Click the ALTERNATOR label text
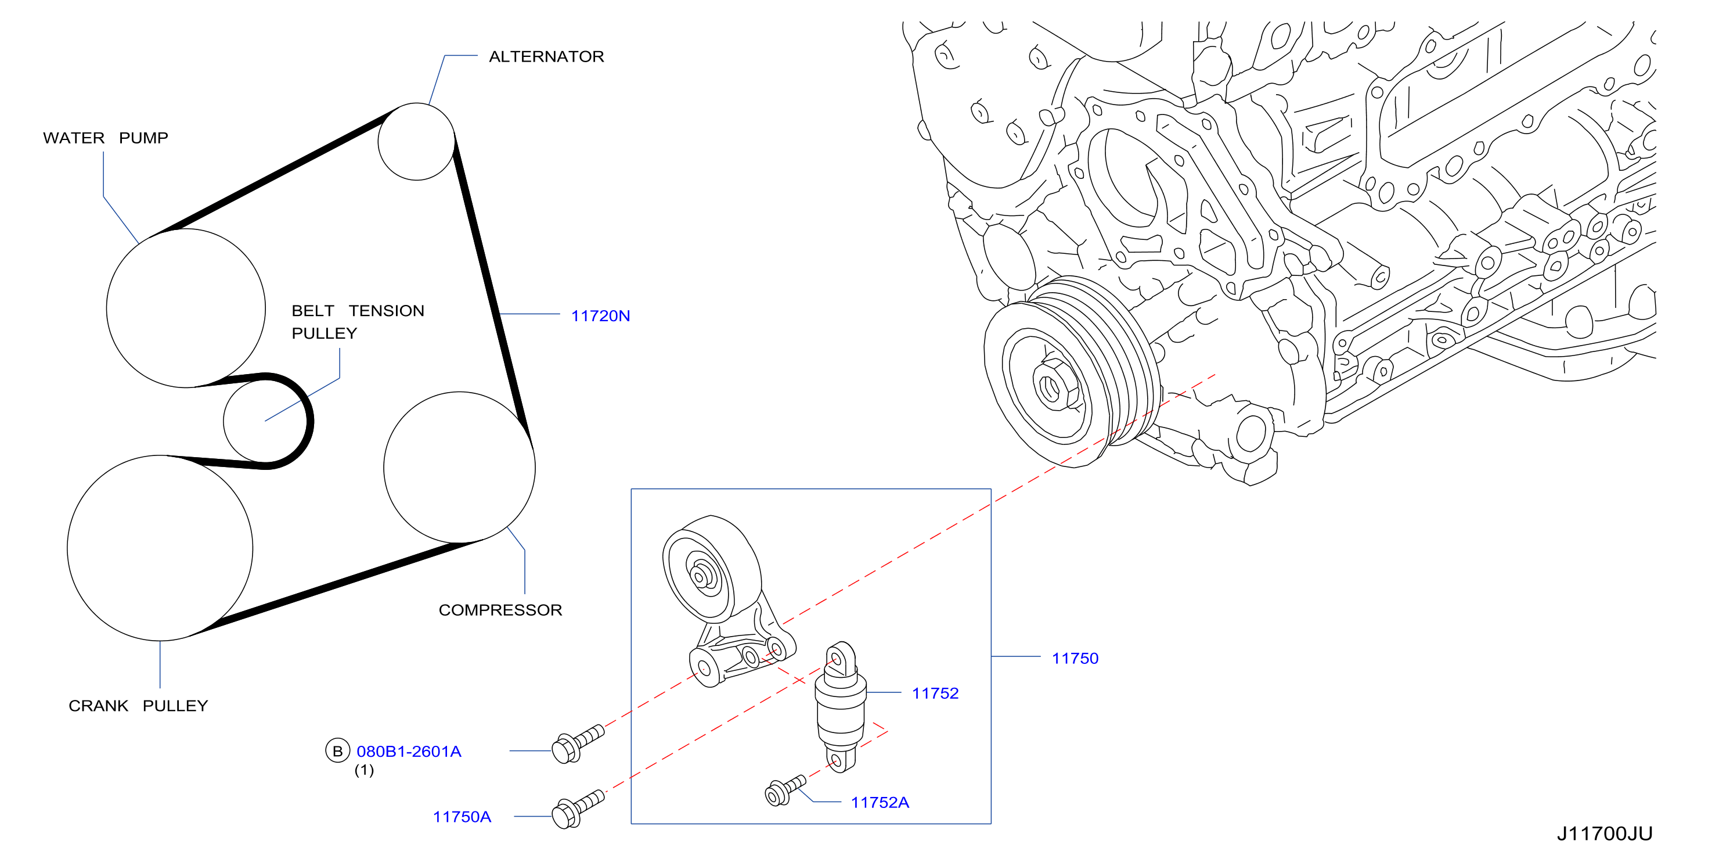coord(546,56)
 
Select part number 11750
coord(1075,658)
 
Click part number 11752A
coord(880,802)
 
